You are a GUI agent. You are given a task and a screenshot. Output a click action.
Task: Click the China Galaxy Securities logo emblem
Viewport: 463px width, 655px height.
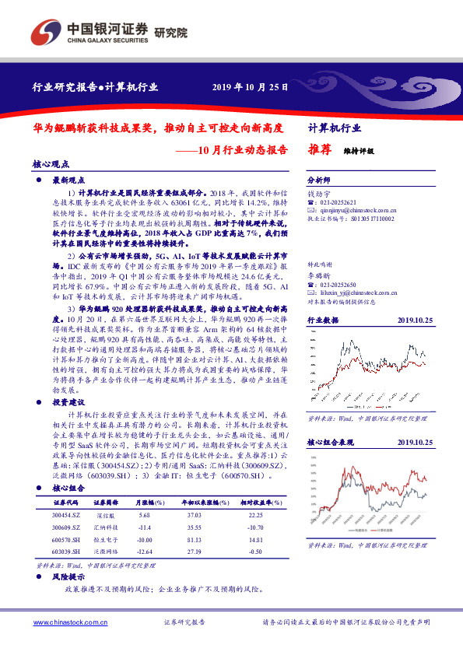(45, 32)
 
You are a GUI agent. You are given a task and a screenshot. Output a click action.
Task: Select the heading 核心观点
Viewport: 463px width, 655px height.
(51, 165)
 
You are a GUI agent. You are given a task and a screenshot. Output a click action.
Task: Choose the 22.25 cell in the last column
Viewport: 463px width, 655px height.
(248, 516)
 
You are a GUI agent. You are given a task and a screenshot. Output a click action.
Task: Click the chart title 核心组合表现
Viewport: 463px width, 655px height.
(331, 442)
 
